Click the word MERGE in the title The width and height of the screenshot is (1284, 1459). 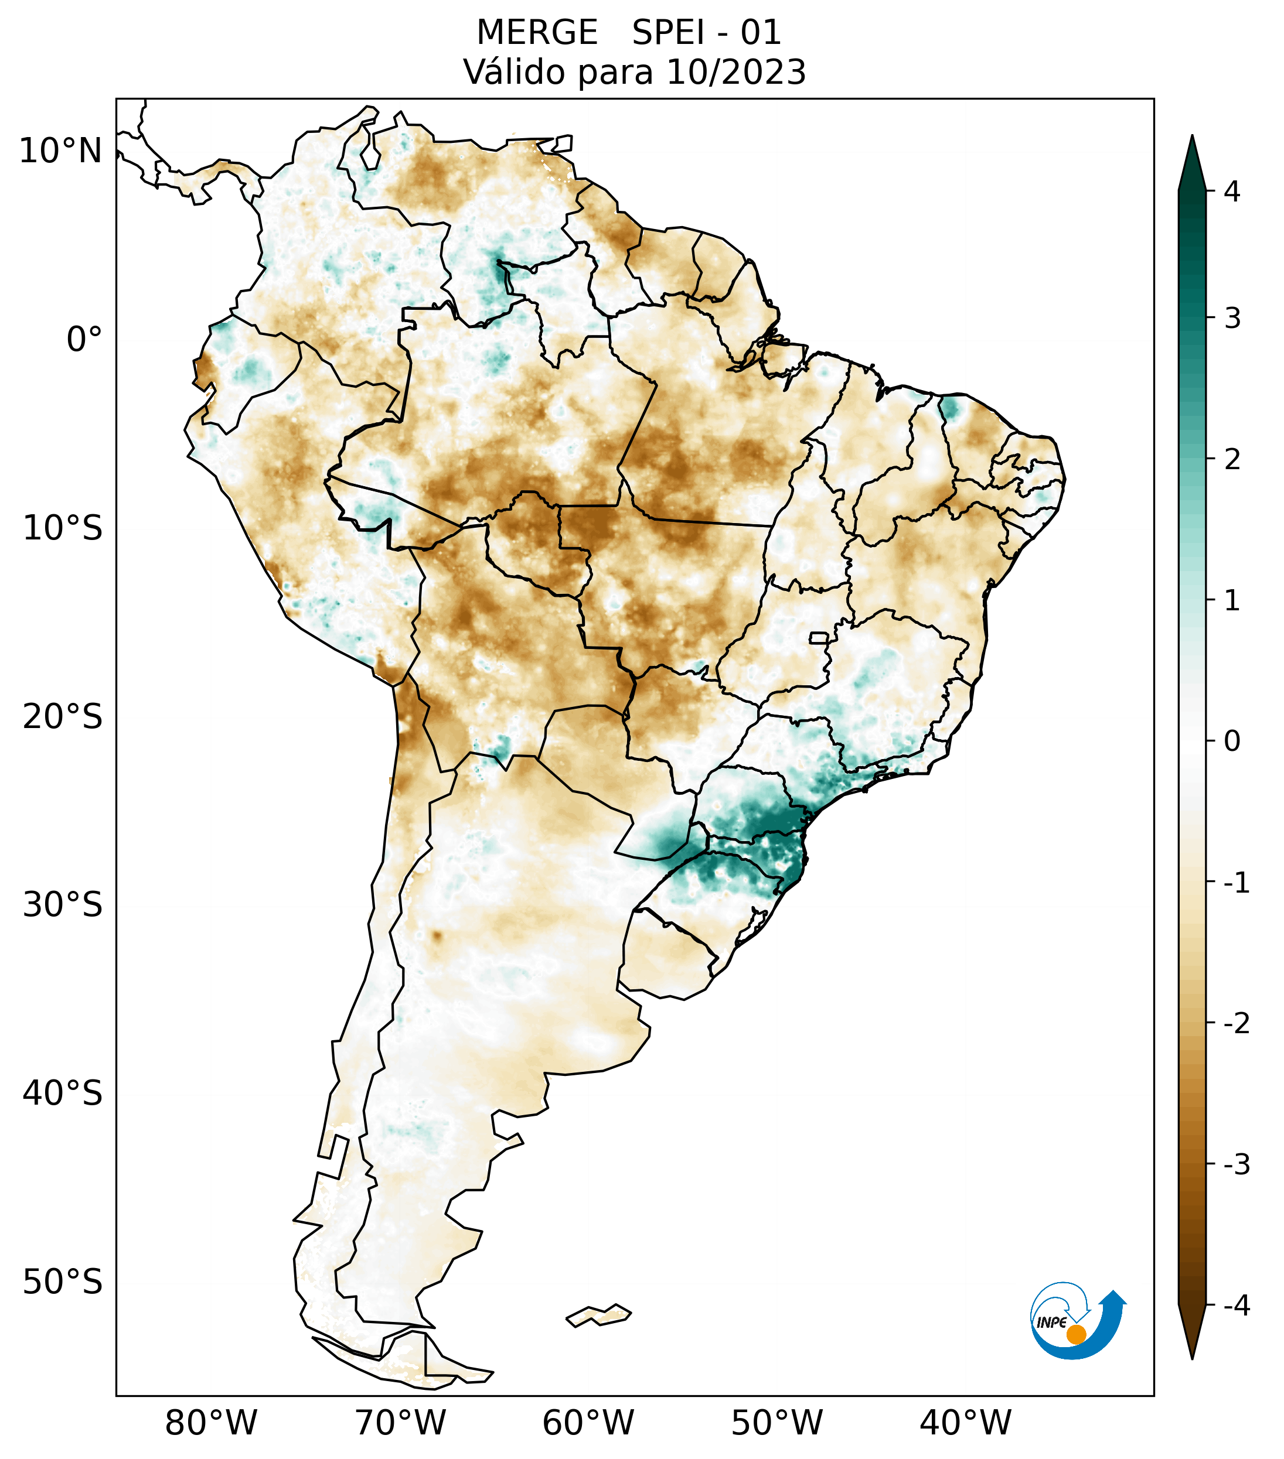point(536,33)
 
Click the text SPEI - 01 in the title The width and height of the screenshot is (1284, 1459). point(706,33)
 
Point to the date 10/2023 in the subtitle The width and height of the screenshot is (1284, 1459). point(735,72)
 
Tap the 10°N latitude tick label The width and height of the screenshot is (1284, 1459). point(61,151)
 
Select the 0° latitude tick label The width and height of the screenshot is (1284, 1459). point(84,340)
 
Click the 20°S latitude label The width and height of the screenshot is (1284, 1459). point(63,717)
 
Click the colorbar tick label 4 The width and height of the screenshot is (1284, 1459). point(1232,192)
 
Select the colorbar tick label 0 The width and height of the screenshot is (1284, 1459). point(1232,741)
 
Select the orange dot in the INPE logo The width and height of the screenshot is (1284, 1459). point(1076,1334)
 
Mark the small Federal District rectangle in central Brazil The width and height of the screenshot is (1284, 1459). point(819,637)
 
